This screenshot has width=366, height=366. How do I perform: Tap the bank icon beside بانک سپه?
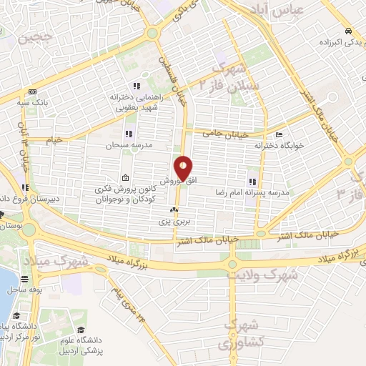click(31, 92)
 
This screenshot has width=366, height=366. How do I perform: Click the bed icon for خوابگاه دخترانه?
click(279, 134)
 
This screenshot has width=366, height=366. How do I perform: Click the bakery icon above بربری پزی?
click(172, 210)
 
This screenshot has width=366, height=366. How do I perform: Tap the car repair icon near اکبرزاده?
click(347, 31)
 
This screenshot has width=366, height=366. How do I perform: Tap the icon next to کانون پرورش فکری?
click(126, 178)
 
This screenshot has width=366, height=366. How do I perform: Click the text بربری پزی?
click(172, 222)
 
